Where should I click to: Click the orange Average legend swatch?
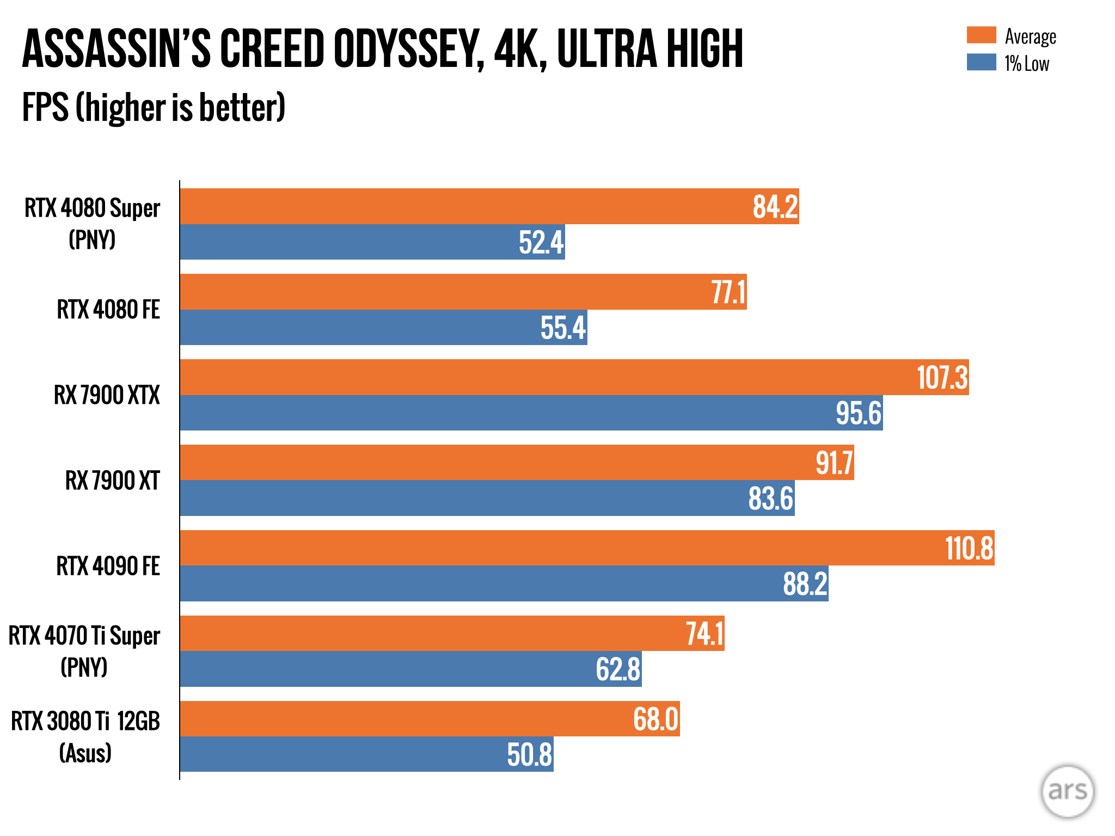pos(981,35)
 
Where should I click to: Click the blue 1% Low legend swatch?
pos(981,62)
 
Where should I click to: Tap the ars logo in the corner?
pos(1067,791)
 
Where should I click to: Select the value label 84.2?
pos(775,207)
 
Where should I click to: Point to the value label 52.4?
pos(541,242)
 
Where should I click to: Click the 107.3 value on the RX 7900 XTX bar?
pos(942,377)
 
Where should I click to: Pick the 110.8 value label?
pos(969,548)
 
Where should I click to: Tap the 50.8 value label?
pos(529,755)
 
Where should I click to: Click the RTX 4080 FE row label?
pos(108,310)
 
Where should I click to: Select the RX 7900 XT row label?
pos(112,481)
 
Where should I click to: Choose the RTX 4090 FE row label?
pos(108,566)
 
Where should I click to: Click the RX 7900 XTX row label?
pos(107,395)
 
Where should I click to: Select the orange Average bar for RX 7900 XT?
pos(490,463)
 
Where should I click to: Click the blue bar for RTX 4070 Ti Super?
pos(381,669)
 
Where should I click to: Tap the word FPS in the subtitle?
pos(45,107)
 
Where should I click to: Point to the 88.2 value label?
pos(805,584)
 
